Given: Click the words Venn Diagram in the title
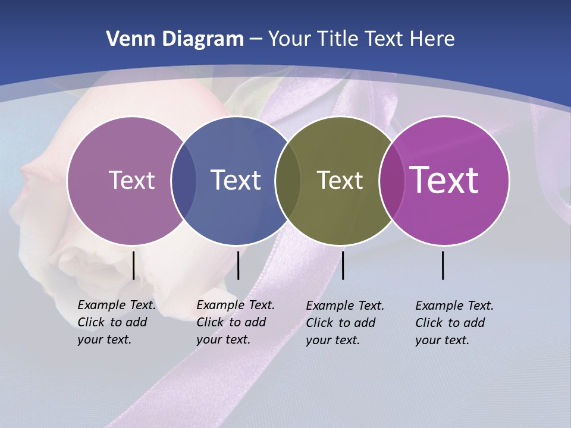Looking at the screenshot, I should [x=175, y=39].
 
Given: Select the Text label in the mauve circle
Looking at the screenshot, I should [x=131, y=180].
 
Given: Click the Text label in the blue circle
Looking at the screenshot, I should [x=236, y=180].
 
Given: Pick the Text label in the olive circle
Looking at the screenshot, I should [x=340, y=180].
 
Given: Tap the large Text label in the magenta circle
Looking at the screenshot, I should [x=444, y=180].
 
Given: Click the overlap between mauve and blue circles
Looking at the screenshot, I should [x=184, y=180].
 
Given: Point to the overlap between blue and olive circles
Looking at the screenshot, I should [x=288, y=180].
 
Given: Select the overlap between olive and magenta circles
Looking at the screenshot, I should [x=391, y=180].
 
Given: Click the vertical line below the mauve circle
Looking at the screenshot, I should [x=133, y=265].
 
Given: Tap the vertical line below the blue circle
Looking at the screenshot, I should [x=238, y=265].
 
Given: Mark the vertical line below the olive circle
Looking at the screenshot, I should [x=343, y=265].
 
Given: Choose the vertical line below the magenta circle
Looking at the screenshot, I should [x=443, y=265].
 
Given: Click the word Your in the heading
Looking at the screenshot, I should [x=288, y=39].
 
